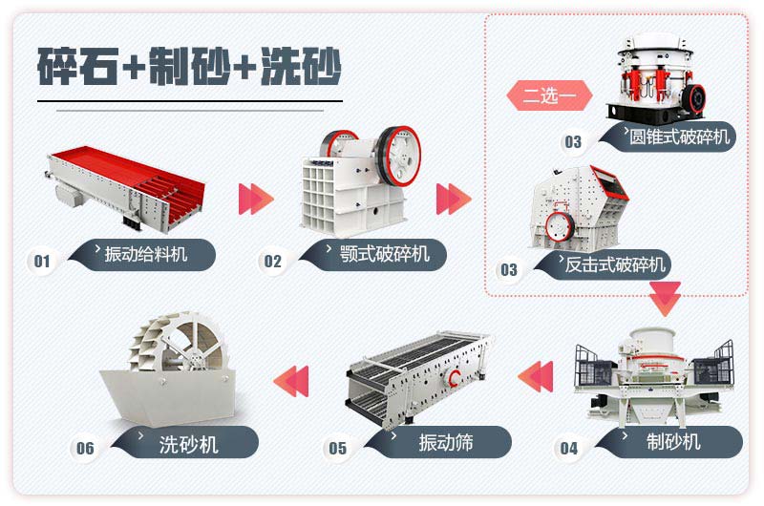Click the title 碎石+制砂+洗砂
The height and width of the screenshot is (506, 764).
[x=189, y=64]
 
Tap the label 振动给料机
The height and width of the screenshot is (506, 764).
[x=146, y=254]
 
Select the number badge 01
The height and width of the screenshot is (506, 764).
[x=41, y=261]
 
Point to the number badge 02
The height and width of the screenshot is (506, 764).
[x=273, y=261]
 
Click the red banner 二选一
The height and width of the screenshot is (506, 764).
[x=548, y=96]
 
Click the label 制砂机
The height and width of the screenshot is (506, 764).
[x=673, y=441]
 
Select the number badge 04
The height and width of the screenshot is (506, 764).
[x=569, y=448]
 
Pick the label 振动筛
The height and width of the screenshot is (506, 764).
[x=445, y=442]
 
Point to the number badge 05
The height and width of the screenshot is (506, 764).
[x=337, y=448]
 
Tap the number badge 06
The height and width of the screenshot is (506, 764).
[x=86, y=448]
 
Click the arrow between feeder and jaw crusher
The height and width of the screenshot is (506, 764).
[x=256, y=199]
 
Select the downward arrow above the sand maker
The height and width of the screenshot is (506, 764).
[x=665, y=299]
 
